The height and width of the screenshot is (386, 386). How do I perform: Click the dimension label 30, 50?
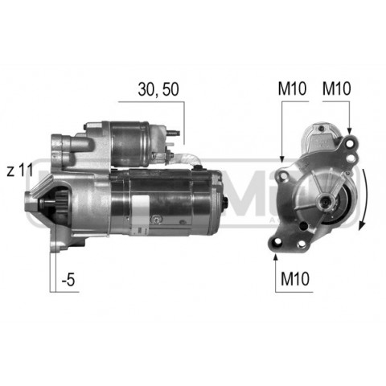[158, 89]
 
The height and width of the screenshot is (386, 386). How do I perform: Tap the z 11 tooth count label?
[20, 170]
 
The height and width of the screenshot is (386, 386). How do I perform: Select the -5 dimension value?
[68, 280]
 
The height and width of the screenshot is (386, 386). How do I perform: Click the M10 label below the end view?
[295, 279]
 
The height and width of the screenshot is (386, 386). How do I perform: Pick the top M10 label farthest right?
[336, 88]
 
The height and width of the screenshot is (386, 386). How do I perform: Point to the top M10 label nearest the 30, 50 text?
[292, 88]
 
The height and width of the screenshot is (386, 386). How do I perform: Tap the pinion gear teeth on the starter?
[62, 203]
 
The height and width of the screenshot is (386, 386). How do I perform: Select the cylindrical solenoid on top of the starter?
[129, 144]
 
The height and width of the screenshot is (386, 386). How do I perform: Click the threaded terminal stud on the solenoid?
[174, 133]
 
